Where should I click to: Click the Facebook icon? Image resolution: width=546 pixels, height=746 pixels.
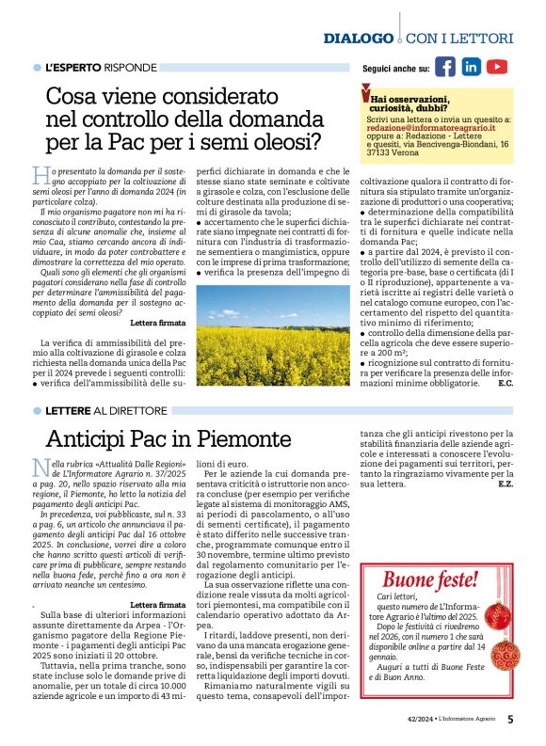coord(445,67)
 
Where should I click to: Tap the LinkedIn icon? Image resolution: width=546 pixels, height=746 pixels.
coord(471,67)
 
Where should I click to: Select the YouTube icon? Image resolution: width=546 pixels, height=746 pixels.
coord(497,67)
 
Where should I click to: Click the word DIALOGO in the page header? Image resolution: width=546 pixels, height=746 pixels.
coord(358,39)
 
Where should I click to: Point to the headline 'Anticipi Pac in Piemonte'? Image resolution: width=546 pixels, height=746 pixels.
coord(169,439)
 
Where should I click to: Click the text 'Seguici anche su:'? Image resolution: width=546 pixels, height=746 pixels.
coord(396,69)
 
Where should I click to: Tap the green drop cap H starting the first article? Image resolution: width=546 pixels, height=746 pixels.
coord(39,176)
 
